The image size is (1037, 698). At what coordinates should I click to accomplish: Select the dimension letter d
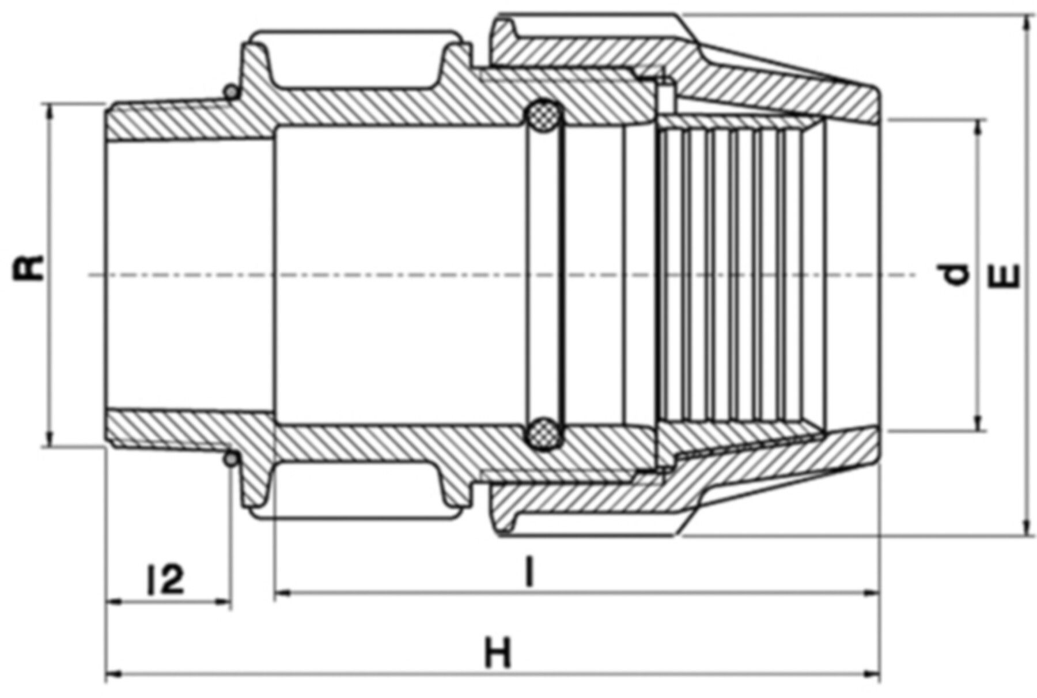point(957,274)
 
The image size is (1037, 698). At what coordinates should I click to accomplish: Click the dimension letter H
point(498,653)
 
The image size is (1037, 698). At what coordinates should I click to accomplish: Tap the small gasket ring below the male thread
point(230,459)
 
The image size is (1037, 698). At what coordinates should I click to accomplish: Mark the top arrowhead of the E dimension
point(1026,23)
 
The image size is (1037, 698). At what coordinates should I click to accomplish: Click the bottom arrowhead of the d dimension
point(978,424)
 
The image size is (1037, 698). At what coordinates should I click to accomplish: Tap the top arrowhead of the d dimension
point(978,128)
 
